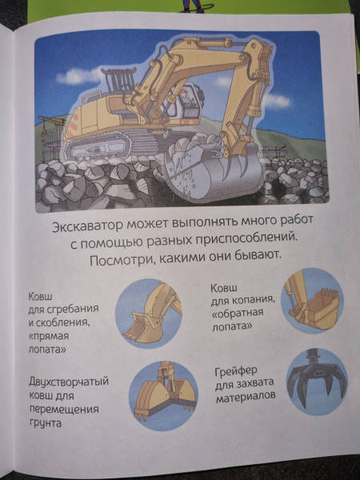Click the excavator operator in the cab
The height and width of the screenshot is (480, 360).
[x=185, y=98]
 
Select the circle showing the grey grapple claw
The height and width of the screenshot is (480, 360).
[x=317, y=382]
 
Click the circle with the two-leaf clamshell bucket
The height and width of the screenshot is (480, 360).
[x=163, y=395]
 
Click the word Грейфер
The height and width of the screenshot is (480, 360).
[x=236, y=371]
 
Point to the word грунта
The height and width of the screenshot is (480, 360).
[x=45, y=423]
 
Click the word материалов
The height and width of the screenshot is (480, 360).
[x=246, y=397]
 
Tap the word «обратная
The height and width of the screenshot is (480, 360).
[x=238, y=314]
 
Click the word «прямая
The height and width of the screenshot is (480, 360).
[x=49, y=337]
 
